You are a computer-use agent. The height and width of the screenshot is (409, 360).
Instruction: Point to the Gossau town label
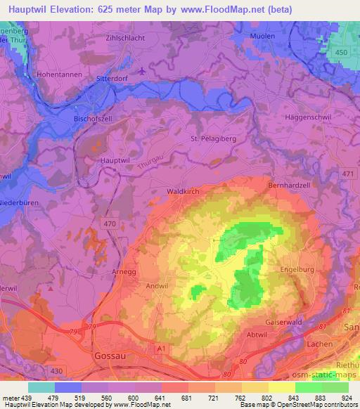[110, 356]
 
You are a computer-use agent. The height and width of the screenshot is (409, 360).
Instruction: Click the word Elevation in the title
[79, 9]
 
